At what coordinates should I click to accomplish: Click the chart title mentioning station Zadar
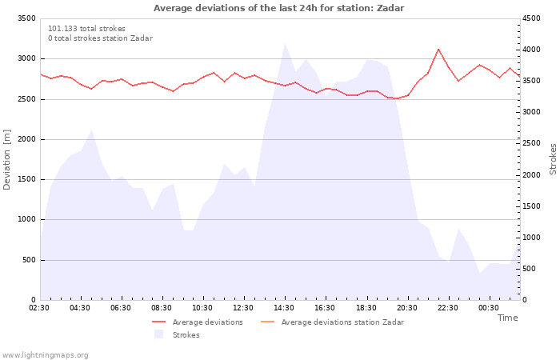(x=278, y=8)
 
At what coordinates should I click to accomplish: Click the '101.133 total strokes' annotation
(x=86, y=29)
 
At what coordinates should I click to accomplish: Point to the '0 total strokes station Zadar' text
(x=100, y=38)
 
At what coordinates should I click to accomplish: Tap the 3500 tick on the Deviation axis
(x=26, y=18)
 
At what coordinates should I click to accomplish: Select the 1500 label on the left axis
(x=26, y=179)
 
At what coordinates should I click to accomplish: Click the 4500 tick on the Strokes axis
(x=531, y=18)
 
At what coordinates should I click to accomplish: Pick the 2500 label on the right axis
(x=531, y=143)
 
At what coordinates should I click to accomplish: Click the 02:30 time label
(x=39, y=308)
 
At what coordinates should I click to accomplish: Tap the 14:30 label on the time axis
(x=284, y=308)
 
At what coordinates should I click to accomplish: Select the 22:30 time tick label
(x=447, y=308)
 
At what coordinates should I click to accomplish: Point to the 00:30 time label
(x=488, y=308)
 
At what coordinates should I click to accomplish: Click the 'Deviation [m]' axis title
(x=6, y=159)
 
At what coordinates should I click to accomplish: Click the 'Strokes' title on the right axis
(x=553, y=159)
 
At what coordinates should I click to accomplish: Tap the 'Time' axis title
(x=507, y=318)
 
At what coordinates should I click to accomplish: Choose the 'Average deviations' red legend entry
(x=198, y=322)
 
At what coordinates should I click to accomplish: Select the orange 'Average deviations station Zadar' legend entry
(x=333, y=322)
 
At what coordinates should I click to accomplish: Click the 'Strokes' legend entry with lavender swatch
(x=177, y=334)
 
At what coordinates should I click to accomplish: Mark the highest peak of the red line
(x=438, y=49)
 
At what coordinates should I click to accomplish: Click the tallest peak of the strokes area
(x=285, y=43)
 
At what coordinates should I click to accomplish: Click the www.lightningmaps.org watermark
(x=45, y=355)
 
